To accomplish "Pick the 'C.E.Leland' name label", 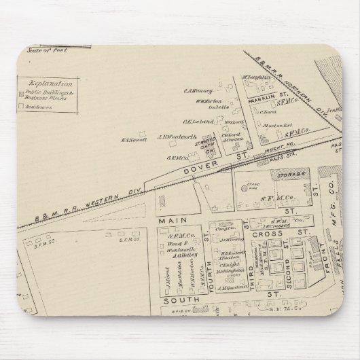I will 195,120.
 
